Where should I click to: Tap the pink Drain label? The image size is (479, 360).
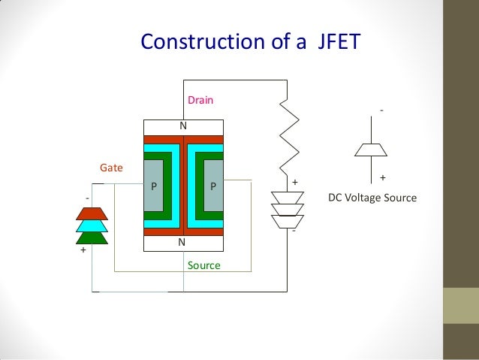199,100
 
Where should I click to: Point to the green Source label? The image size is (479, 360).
203,265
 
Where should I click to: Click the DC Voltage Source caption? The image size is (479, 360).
372,198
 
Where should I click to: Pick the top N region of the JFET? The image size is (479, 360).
182,126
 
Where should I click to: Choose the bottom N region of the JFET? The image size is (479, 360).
182,244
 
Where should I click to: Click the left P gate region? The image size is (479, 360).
153,185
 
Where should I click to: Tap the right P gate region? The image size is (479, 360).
213,185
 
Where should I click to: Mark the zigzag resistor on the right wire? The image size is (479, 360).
288,135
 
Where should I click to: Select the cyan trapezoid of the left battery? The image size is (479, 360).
92,225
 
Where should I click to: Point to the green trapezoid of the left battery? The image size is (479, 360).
92,237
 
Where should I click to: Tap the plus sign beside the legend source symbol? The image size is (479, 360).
384,178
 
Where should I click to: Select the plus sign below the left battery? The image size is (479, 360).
83,251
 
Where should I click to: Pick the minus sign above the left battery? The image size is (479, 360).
87,198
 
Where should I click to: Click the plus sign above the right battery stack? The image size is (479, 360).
295,183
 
